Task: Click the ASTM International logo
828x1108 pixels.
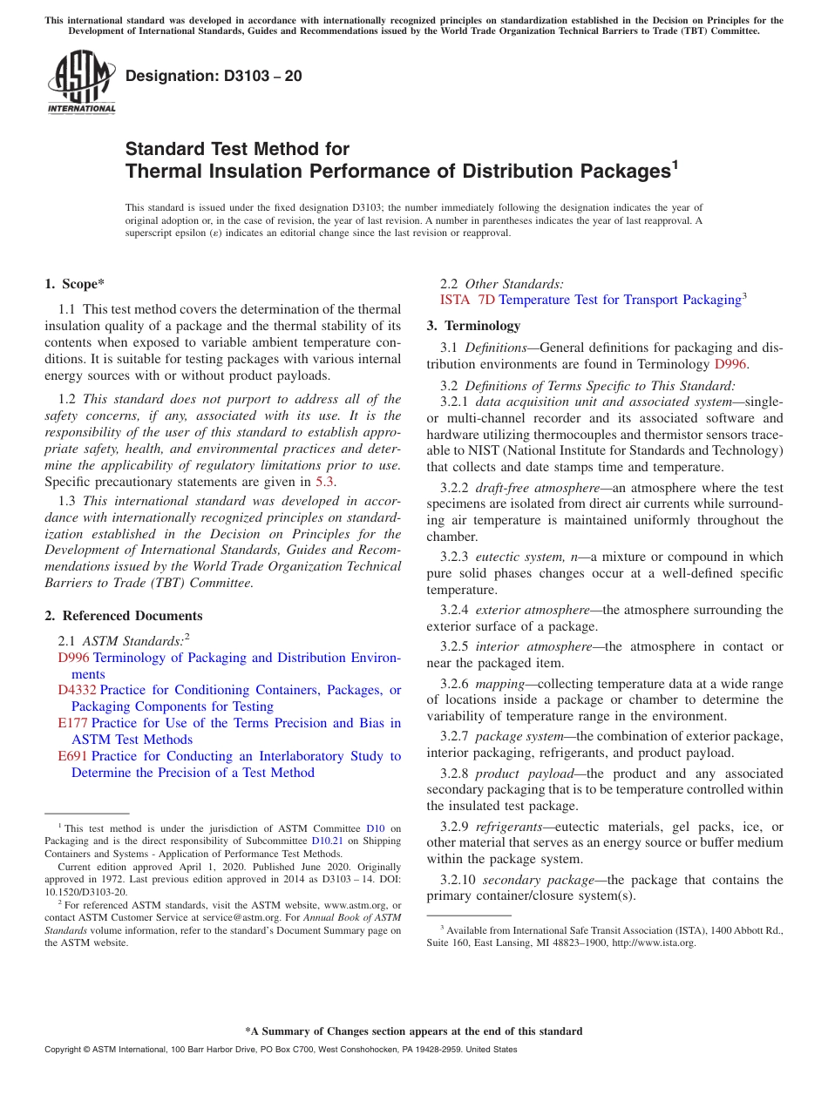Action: click(80, 82)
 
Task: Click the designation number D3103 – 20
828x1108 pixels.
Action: click(214, 76)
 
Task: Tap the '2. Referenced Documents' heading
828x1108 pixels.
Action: click(123, 616)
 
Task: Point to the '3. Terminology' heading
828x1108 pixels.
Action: click(473, 326)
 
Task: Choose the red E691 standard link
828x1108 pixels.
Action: click(72, 756)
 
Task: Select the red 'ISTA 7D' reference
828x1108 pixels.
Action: click(468, 300)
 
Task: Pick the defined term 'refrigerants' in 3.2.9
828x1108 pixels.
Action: click(509, 827)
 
